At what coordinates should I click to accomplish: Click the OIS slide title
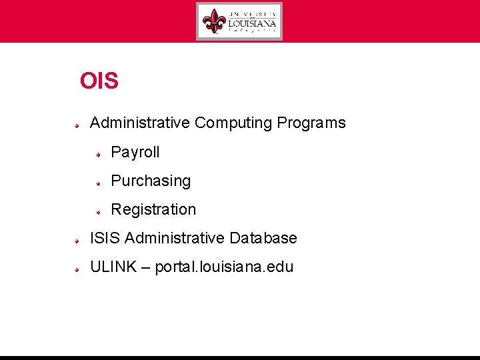[99, 81]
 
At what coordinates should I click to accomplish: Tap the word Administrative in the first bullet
[140, 123]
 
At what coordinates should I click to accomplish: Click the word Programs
[311, 123]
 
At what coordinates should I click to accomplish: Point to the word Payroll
[135, 153]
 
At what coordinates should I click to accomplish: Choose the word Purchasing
[151, 181]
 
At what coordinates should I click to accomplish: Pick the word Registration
[153, 210]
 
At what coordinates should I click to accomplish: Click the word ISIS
[105, 238]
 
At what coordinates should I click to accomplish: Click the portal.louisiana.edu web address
[224, 267]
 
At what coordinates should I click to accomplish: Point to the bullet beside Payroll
[98, 153]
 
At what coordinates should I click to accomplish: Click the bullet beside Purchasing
[98, 182]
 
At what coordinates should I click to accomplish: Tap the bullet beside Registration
[98, 211]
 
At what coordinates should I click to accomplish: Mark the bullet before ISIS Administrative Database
[77, 239]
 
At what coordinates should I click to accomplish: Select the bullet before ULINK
[77, 268]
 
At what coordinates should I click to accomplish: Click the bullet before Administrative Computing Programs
[77, 124]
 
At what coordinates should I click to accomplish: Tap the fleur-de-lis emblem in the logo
[215, 21]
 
